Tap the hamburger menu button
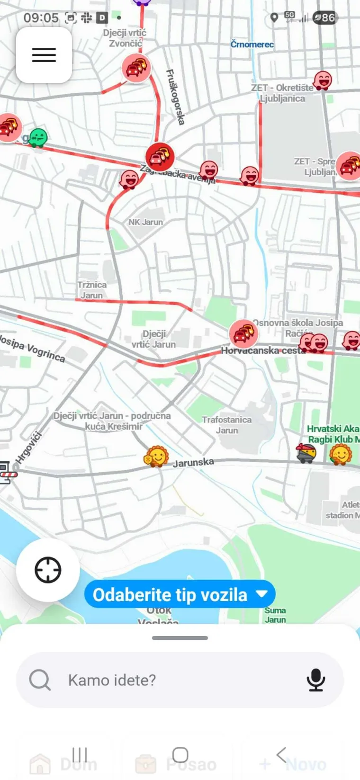[44, 55]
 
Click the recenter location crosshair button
[48, 570]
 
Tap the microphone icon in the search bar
[315, 680]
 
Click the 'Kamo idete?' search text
[112, 680]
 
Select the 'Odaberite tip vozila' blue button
[180, 594]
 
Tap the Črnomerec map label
[252, 45]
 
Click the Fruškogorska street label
[175, 97]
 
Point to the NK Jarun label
[145, 222]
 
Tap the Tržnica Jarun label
[92, 290]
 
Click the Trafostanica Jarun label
[227, 425]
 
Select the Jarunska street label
[193, 462]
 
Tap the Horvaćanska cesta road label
[263, 351]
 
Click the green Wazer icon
[38, 138]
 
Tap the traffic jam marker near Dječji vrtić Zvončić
[136, 68]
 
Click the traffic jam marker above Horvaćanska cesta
[243, 333]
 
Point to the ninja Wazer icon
[306, 453]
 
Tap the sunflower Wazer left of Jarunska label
[156, 457]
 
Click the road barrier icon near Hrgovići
[7, 472]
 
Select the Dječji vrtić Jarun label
[153, 339]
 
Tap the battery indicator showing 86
[325, 18]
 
